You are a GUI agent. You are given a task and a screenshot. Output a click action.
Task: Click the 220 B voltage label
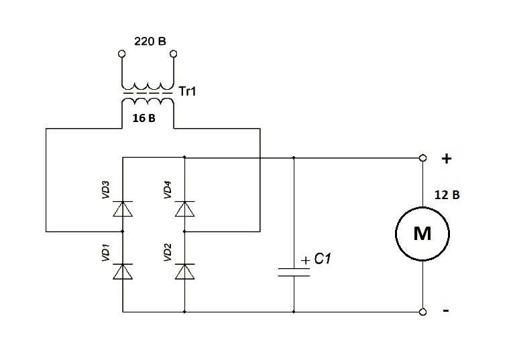(x=150, y=42)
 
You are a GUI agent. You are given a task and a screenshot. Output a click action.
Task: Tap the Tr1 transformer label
(x=187, y=91)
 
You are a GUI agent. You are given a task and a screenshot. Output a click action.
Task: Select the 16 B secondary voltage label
(x=144, y=118)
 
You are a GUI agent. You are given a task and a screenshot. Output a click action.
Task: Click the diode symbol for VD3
(x=123, y=209)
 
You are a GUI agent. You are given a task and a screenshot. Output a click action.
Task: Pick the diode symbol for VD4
(x=184, y=209)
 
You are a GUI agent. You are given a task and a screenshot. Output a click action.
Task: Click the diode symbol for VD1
(x=123, y=272)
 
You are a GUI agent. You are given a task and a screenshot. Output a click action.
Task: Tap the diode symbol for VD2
(x=184, y=272)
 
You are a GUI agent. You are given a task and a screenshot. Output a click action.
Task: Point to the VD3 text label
(x=105, y=190)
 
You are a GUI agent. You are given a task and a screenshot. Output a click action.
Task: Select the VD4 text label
(x=167, y=190)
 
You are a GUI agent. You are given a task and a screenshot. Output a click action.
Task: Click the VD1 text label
(x=105, y=252)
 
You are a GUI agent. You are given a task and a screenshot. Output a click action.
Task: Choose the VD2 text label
(x=167, y=252)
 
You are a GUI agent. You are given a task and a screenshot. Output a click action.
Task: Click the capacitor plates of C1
(x=294, y=272)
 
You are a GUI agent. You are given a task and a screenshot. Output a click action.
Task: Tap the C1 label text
(x=323, y=259)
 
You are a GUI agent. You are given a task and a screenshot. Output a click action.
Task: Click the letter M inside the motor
(x=422, y=233)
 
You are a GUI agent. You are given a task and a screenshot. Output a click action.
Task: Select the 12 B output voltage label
(x=447, y=195)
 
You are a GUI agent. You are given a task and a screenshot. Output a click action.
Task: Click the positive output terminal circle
(x=422, y=158)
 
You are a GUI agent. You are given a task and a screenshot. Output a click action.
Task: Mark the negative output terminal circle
(x=422, y=312)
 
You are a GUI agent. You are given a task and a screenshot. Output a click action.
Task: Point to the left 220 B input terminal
(x=121, y=54)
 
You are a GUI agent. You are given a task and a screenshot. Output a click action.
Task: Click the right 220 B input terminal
(x=174, y=54)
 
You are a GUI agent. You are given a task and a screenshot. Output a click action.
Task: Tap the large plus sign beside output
(x=447, y=159)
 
